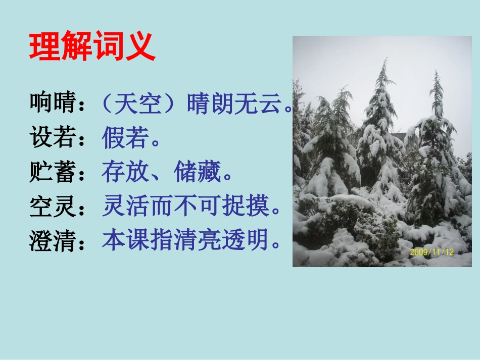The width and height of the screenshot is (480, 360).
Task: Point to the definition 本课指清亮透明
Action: tap(184, 240)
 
